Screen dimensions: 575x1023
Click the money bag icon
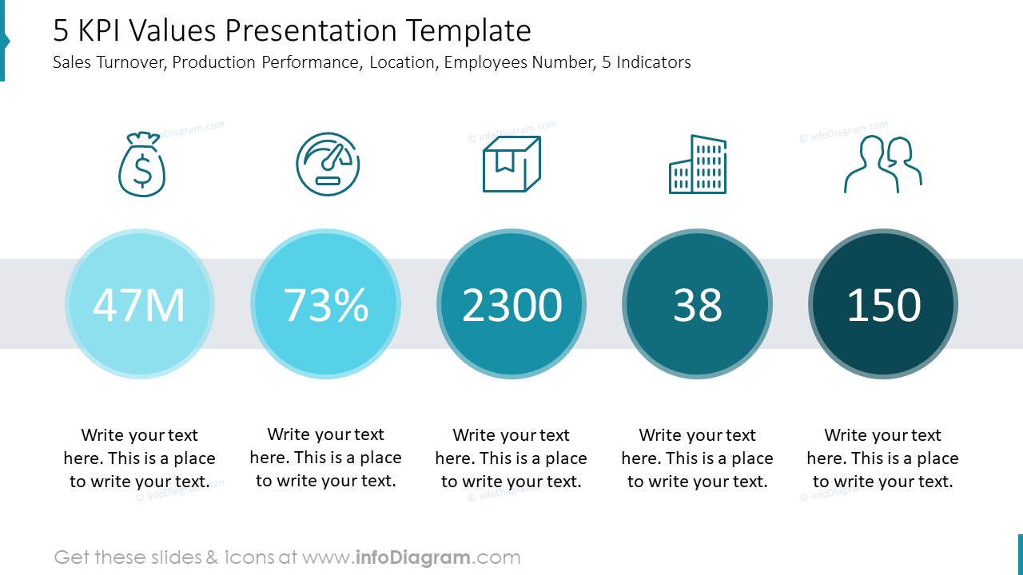(141, 165)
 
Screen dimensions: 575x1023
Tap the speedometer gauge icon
(328, 165)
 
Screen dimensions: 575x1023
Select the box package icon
(511, 165)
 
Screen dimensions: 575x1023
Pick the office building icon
(698, 165)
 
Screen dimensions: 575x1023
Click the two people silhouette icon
(883, 165)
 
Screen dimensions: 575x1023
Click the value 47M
(139, 305)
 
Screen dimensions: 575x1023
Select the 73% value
(326, 305)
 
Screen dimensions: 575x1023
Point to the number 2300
(511, 305)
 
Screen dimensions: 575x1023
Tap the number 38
(698, 305)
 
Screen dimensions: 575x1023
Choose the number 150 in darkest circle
(883, 305)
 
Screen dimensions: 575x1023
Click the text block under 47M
(139, 458)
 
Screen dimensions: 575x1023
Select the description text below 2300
(511, 458)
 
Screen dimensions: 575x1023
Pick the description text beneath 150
(883, 458)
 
